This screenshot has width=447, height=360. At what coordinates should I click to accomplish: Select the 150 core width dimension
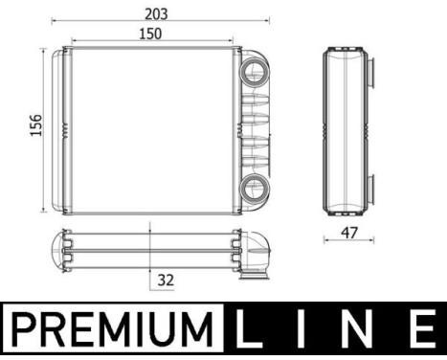tap(150, 33)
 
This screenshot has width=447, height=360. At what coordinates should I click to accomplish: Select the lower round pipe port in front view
tap(256, 188)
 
